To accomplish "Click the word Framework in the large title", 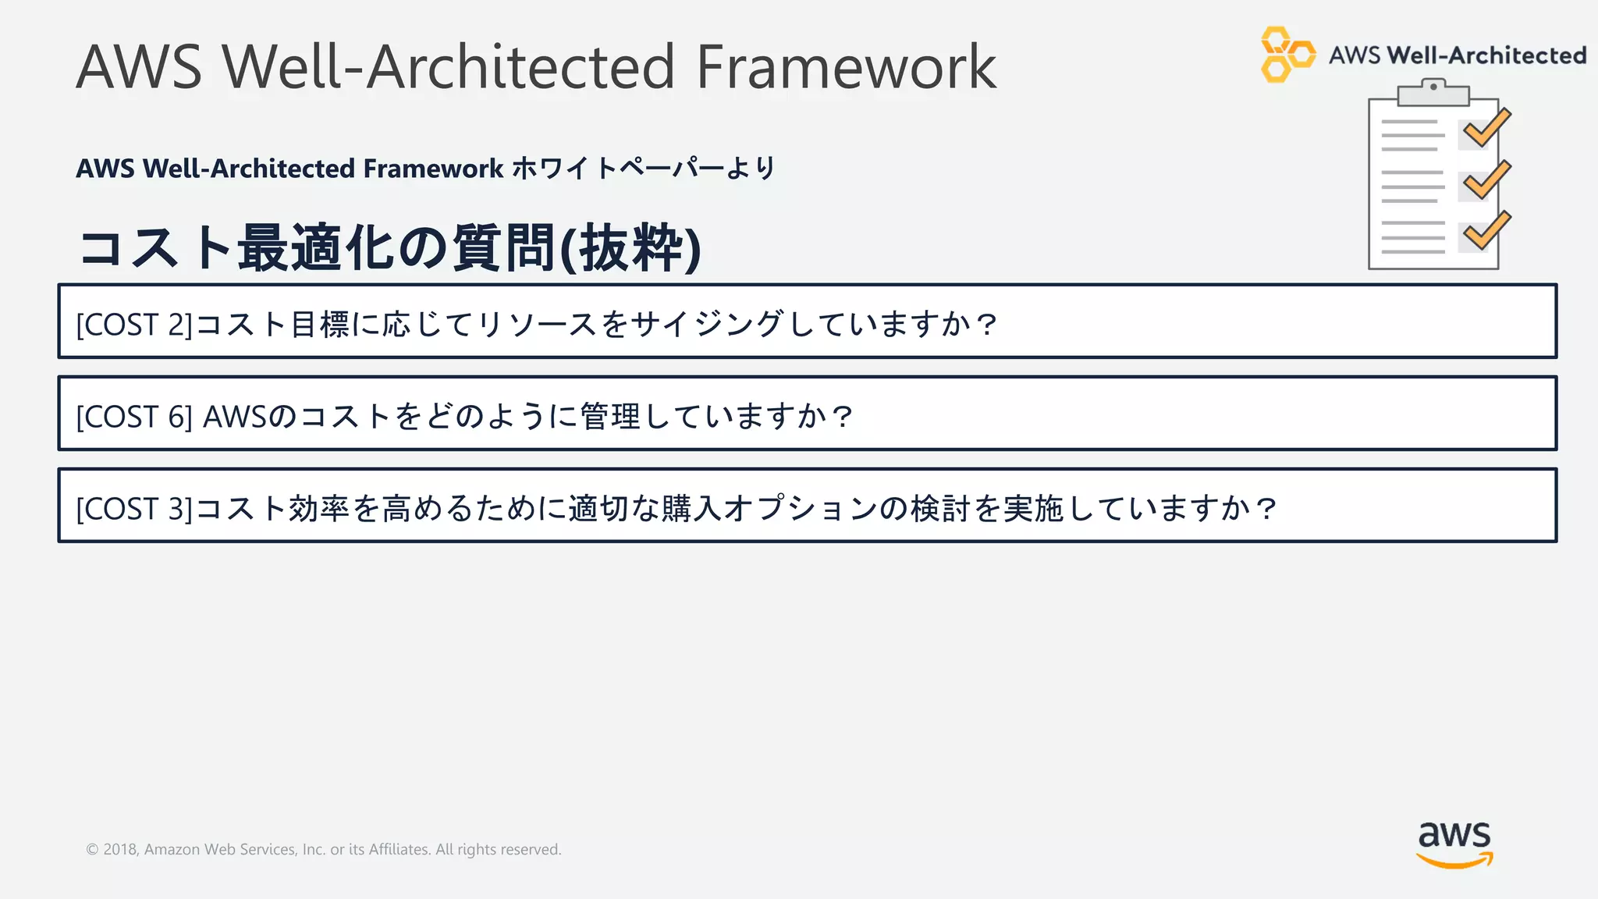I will [x=845, y=68].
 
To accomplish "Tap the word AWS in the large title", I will [x=139, y=68].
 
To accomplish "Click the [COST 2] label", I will [x=133, y=325].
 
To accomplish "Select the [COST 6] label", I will [x=133, y=417].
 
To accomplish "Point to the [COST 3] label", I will [x=133, y=509].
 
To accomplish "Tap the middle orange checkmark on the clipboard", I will [x=1486, y=180].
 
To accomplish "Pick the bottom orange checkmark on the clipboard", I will [x=1486, y=232].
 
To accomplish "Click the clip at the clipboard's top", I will [x=1433, y=92].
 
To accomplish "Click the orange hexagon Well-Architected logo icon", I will [x=1286, y=55].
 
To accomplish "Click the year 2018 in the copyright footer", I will [x=120, y=850].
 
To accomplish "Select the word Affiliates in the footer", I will [x=399, y=850].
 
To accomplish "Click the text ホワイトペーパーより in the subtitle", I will [x=644, y=169].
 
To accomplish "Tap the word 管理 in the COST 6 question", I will [x=610, y=417].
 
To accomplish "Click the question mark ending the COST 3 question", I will [x=1266, y=509].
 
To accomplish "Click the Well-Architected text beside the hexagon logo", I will [x=1486, y=55].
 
